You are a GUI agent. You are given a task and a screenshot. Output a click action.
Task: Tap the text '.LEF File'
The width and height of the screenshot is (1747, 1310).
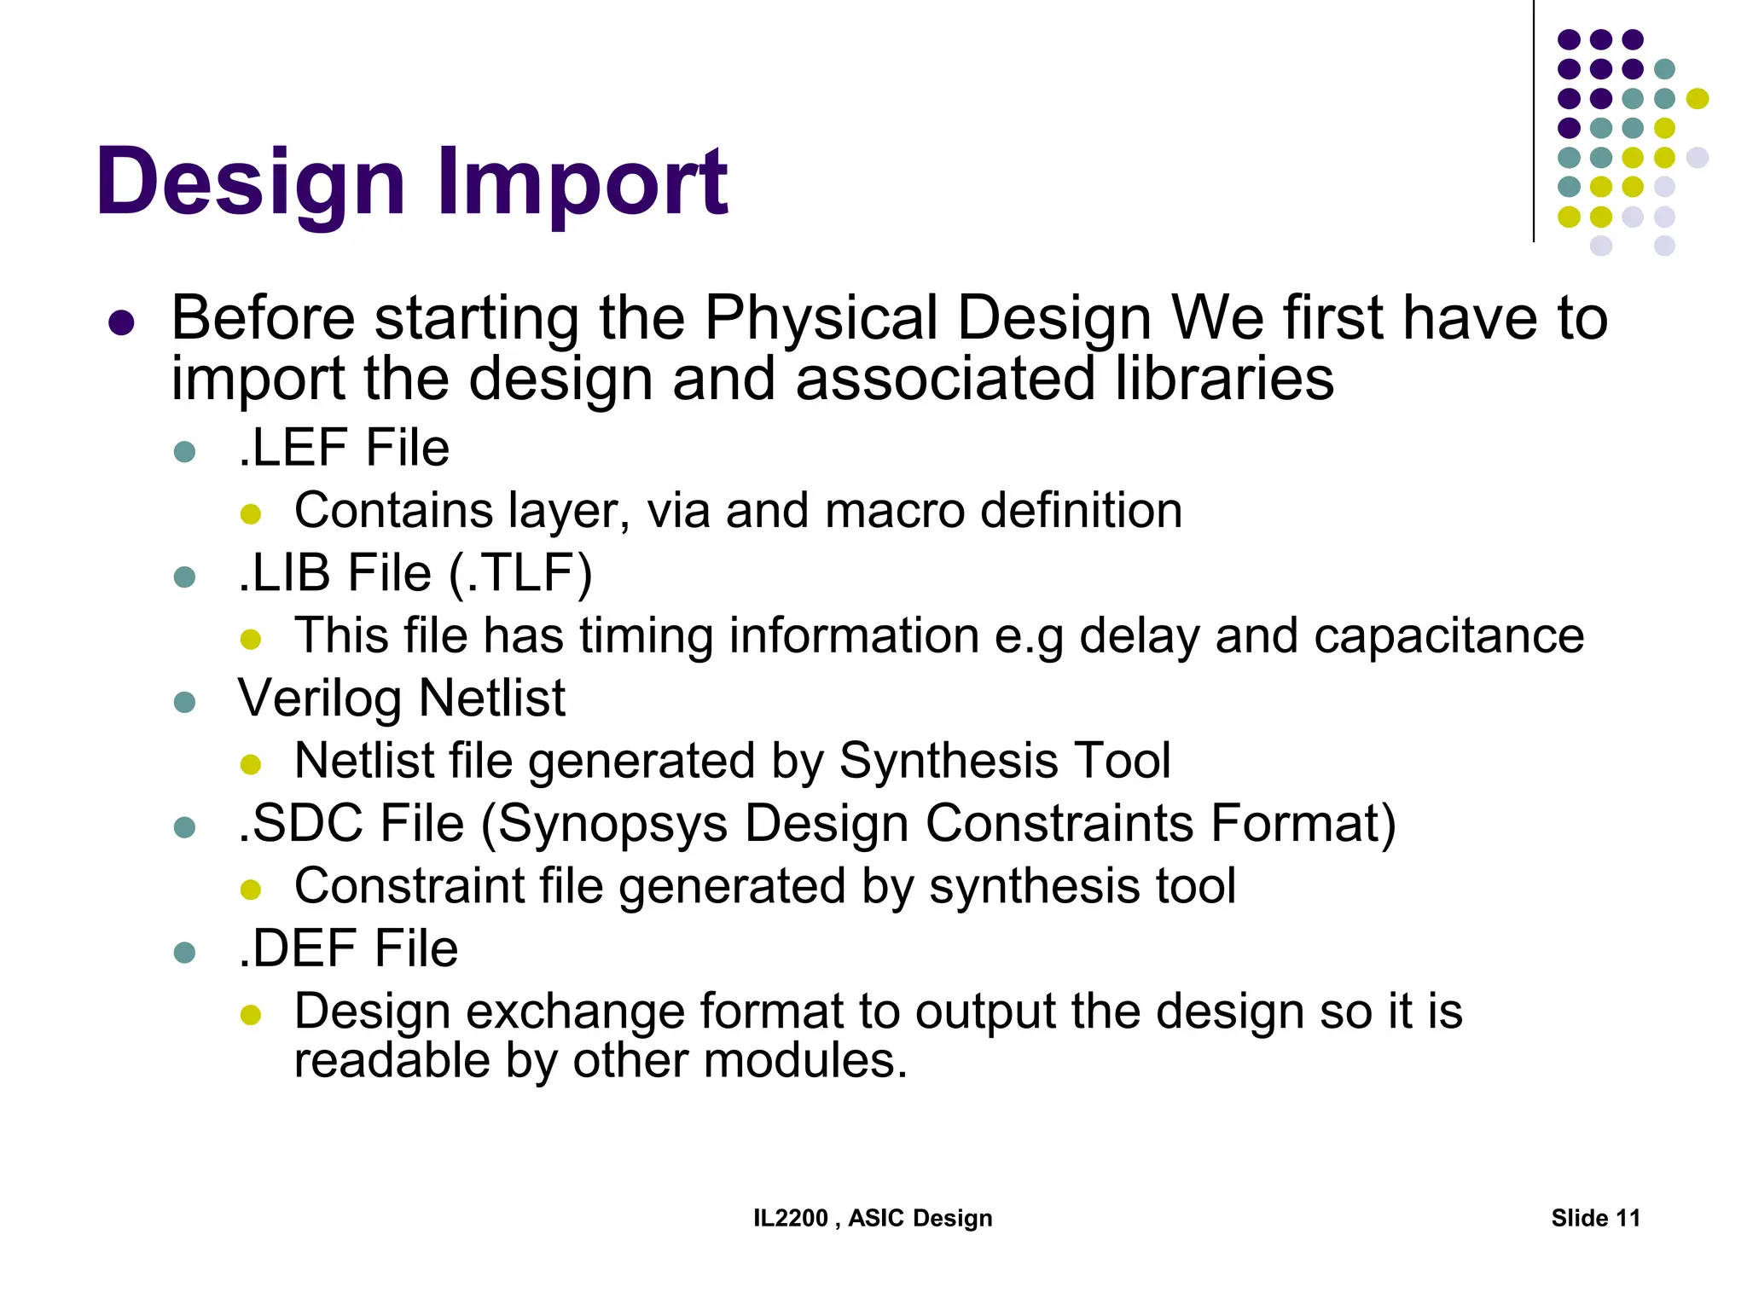[343, 448]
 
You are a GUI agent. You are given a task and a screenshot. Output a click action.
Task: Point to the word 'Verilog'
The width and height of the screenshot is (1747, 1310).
[319, 698]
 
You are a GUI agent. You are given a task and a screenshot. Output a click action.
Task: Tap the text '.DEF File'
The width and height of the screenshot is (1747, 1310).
[347, 948]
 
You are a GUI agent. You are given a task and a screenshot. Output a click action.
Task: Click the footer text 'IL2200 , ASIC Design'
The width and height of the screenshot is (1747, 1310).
[873, 1218]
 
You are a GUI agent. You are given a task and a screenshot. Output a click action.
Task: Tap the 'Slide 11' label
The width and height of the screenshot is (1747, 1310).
[1595, 1218]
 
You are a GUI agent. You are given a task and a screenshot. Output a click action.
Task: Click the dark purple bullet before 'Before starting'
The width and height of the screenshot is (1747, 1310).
[122, 322]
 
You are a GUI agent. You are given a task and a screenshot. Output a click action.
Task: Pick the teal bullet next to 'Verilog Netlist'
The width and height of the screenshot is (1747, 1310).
[184, 702]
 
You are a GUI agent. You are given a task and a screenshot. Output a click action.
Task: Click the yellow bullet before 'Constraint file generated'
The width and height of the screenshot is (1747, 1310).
[251, 890]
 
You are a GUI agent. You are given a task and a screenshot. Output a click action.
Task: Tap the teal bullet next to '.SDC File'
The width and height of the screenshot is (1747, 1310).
[184, 827]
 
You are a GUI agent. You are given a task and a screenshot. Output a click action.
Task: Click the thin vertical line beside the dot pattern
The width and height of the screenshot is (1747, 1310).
[1534, 119]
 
